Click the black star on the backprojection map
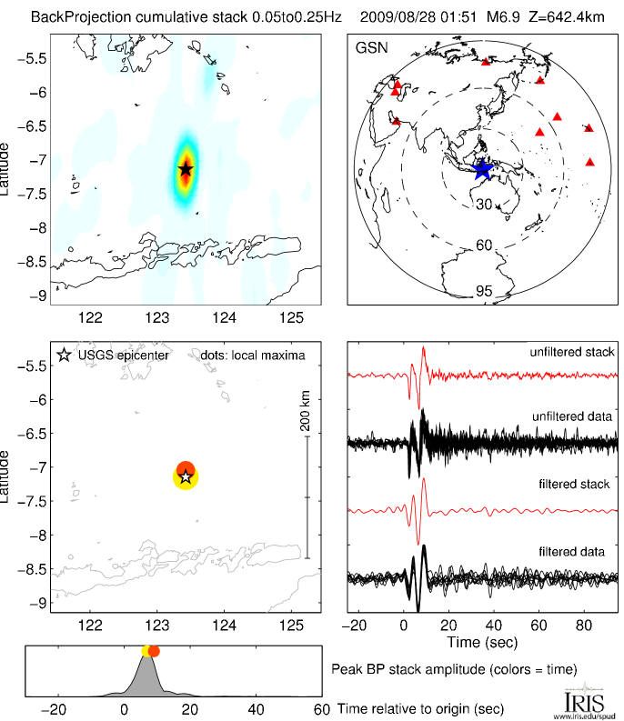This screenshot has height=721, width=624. [186, 169]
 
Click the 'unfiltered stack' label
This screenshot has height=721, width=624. [572, 352]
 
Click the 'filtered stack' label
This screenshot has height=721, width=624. [580, 485]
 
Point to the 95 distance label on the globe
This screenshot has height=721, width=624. [484, 292]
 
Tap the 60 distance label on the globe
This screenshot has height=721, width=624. [484, 245]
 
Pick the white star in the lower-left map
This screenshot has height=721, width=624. [186, 476]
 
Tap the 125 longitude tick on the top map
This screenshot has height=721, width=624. [291, 317]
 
